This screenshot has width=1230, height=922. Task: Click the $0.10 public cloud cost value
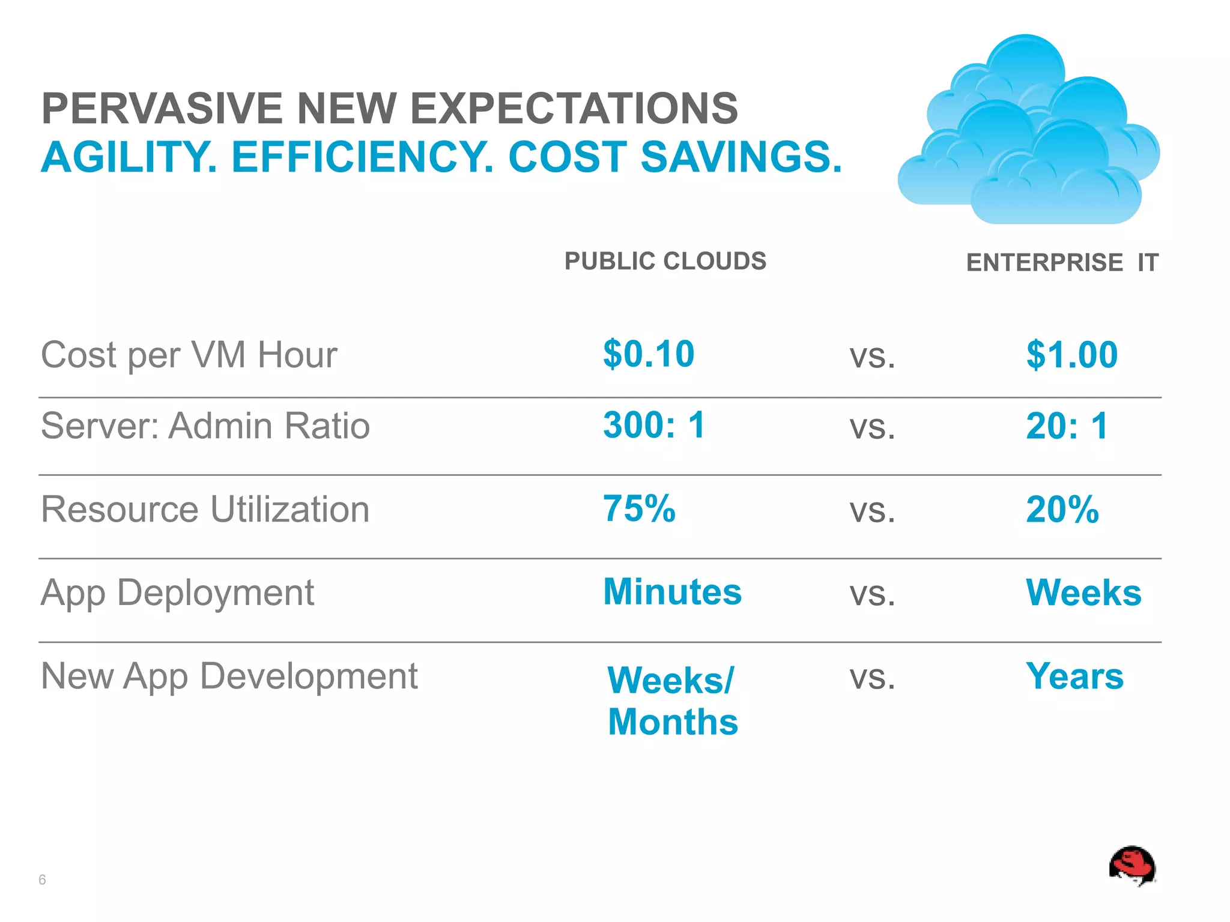point(649,354)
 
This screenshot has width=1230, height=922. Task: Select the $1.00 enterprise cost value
point(1071,355)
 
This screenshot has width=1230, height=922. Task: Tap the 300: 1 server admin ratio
point(653,425)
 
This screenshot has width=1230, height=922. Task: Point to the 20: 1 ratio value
point(1067,426)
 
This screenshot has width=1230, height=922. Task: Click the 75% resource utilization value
point(639,509)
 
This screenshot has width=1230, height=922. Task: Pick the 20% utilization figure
point(1062,510)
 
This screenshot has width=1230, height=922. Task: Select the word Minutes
point(672,592)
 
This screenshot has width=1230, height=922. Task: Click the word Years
point(1074,676)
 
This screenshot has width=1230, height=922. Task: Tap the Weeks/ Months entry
point(672,701)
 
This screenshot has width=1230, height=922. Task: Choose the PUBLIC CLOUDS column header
point(665,261)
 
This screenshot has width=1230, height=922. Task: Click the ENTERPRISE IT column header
point(1062,263)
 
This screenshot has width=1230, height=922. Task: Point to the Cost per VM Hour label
point(189,355)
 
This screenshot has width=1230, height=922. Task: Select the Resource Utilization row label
point(205,510)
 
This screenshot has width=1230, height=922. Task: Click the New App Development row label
point(229,676)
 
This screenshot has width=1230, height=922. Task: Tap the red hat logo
point(1132,866)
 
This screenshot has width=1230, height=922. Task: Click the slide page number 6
point(42,880)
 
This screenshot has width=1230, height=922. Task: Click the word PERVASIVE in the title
point(162,109)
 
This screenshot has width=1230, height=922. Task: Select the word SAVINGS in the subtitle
point(741,157)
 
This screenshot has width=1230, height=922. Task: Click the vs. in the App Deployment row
point(872,594)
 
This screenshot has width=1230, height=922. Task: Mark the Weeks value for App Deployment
point(1083,593)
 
